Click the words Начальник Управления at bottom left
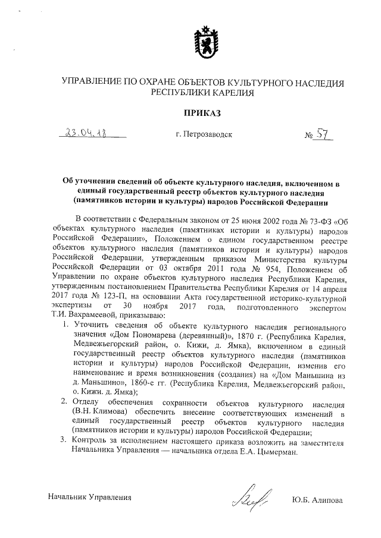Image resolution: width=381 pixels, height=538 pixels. (x=89, y=496)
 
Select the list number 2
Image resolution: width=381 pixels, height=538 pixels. (x=65, y=402)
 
